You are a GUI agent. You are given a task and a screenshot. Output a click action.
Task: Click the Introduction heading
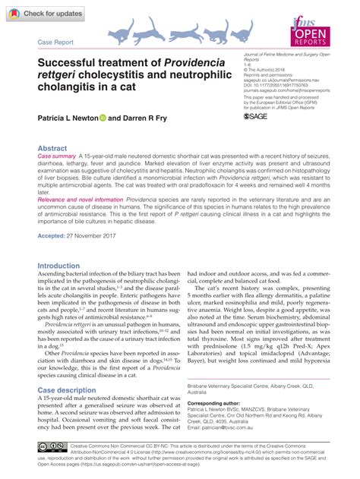click(64, 266)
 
